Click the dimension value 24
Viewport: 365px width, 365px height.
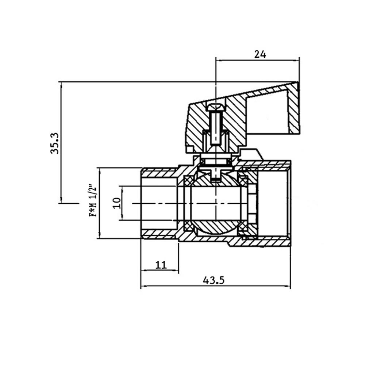pos(260,54)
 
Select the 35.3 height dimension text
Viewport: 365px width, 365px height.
pos(55,143)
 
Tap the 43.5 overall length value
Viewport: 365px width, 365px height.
pos(214,280)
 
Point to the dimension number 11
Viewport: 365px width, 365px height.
pos(161,265)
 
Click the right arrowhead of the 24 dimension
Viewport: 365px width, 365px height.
pos(296,61)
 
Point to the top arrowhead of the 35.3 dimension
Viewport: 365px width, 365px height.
pos(61,85)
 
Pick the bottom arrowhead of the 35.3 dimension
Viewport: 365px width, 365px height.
pos(61,200)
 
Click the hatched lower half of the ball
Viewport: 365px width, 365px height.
pos(215,226)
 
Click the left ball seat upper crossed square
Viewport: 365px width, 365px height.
pos(188,180)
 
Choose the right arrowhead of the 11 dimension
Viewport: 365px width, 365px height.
pos(176,270)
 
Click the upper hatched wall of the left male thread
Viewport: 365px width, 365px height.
pos(159,173)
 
